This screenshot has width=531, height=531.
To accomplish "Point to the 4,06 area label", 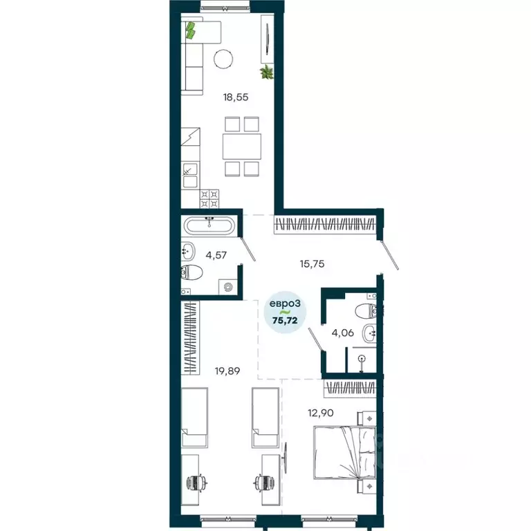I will [344, 333].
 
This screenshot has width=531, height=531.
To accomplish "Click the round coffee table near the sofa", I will [223, 59].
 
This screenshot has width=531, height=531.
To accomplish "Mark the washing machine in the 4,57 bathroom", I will [227, 286].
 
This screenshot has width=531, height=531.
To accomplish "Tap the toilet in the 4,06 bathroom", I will [365, 311].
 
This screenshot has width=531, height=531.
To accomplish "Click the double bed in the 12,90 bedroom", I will [345, 452].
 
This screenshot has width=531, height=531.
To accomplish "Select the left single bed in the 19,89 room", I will [194, 418].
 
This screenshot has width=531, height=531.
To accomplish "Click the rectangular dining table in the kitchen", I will [241, 147].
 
